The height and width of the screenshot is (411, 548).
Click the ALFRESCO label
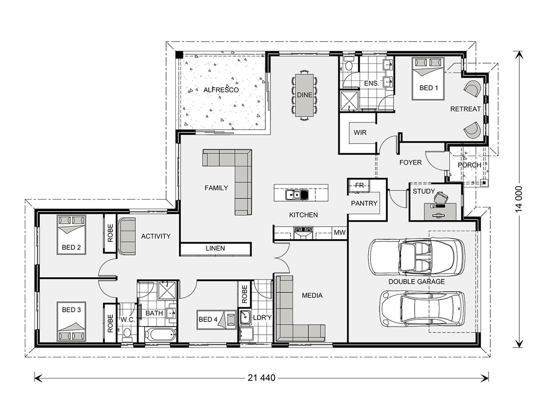pyautogui.click(x=221, y=90)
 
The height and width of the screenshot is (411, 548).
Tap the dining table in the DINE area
pyautogui.click(x=304, y=95)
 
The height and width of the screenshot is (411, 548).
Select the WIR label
pyautogui.click(x=360, y=132)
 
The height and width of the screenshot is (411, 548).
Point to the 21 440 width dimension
pyautogui.click(x=261, y=378)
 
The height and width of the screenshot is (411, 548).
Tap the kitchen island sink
pyautogui.click(x=297, y=195)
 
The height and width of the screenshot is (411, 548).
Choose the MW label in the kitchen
pyautogui.click(x=340, y=232)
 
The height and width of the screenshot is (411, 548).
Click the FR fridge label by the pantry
pyautogui.click(x=359, y=185)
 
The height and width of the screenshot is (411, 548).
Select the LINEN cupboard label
pyautogui.click(x=215, y=248)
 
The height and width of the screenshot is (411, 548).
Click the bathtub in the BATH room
pyautogui.click(x=161, y=335)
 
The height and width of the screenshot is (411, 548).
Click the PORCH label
pyautogui.click(x=469, y=165)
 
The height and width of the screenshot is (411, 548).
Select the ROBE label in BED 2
pyautogui.click(x=110, y=233)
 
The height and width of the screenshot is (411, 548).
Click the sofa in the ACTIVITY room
pyautogui.click(x=127, y=236)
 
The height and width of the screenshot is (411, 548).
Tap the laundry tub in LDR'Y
pyautogui.click(x=245, y=317)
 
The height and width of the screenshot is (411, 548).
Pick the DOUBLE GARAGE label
pyautogui.click(x=416, y=282)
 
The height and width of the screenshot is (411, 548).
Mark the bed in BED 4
pyautogui.click(x=216, y=320)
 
